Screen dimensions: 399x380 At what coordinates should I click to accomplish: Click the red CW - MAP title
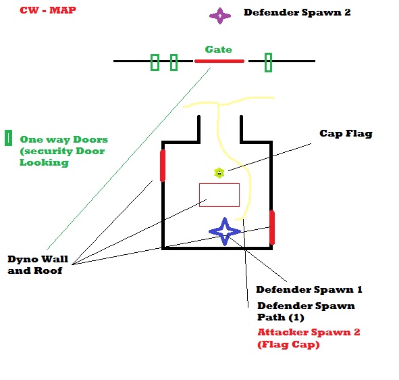pos(48,10)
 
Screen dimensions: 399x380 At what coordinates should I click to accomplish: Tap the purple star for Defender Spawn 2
pos(220,16)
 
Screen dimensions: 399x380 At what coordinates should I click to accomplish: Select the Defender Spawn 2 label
pos(297,12)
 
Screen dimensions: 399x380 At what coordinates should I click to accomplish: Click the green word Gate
pos(219,49)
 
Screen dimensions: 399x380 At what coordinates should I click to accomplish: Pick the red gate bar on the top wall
pos(219,61)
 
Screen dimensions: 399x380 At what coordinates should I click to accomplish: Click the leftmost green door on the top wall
pos(155,62)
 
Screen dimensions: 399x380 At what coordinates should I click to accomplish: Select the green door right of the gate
pos(268,62)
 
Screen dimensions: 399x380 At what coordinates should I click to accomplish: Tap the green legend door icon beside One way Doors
pos(8,138)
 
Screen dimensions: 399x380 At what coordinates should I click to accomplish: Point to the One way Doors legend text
pos(64,151)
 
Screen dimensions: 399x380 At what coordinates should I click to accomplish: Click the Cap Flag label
pos(346,133)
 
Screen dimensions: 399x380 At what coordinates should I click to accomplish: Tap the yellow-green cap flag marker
pos(219,173)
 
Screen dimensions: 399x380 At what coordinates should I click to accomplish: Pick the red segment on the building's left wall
pos(163,166)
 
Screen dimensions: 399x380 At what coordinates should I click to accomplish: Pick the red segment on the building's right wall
pos(272,227)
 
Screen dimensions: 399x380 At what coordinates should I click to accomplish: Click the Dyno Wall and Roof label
pos(38,265)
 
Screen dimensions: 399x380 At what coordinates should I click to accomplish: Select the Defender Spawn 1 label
pos(309,289)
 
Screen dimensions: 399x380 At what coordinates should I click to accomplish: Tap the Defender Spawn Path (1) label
pos(306,312)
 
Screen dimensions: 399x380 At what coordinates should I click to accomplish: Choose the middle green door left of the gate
pos(174,62)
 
